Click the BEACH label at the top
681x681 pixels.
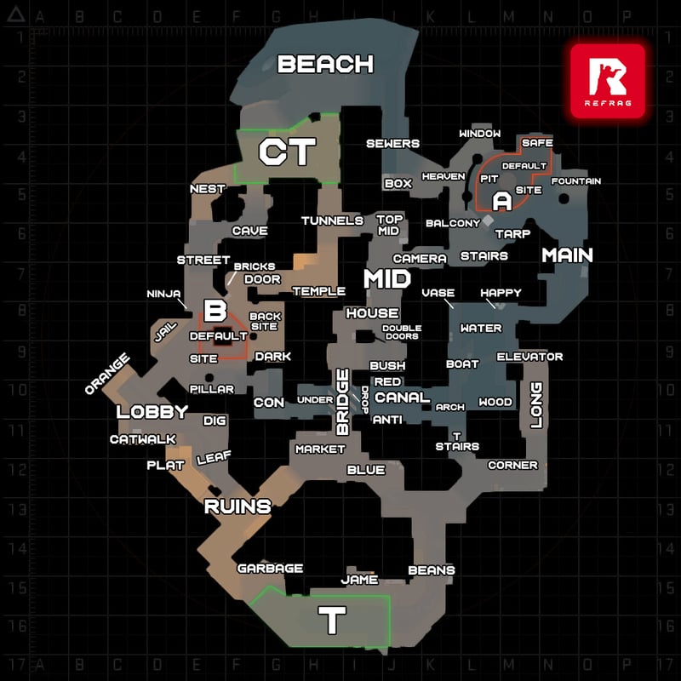click(325, 64)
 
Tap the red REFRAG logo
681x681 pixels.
click(608, 81)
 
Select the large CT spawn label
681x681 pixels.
click(287, 152)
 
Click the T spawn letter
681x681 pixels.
click(332, 620)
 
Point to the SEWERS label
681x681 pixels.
click(392, 144)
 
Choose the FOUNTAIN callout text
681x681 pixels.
click(576, 181)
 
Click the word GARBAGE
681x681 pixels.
click(270, 569)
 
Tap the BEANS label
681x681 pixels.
click(432, 570)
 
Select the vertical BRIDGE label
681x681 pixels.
click(343, 402)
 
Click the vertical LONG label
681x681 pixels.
click(537, 405)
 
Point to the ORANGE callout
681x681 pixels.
click(107, 374)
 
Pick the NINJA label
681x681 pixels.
click(163, 294)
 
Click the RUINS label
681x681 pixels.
click(237, 506)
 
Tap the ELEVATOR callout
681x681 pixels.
click(529, 357)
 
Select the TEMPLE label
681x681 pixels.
click(319, 291)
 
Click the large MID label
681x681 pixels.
click(387, 279)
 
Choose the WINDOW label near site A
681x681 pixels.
click(480, 134)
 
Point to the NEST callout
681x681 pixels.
click(208, 189)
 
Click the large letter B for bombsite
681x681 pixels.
click(215, 310)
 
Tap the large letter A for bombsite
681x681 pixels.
click(502, 201)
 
